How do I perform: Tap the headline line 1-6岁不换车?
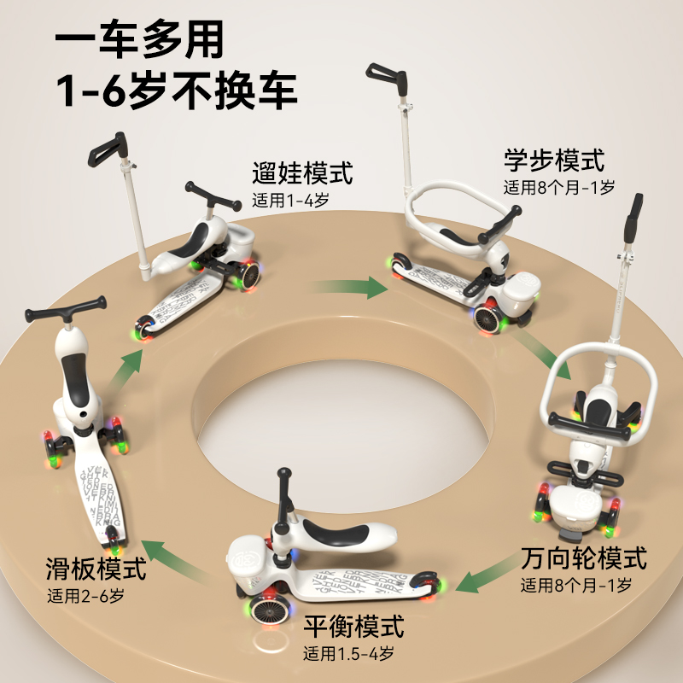coord(176,91)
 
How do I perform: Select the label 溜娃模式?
coord(302,174)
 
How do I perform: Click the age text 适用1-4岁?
coord(291,202)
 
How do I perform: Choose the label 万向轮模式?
coord(584,560)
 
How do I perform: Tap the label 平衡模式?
coord(353,628)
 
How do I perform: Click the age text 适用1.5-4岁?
coord(348,655)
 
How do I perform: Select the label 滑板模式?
coord(96,569)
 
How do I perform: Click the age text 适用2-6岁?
coord(85,595)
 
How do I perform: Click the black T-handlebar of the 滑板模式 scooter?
coord(67,310)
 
